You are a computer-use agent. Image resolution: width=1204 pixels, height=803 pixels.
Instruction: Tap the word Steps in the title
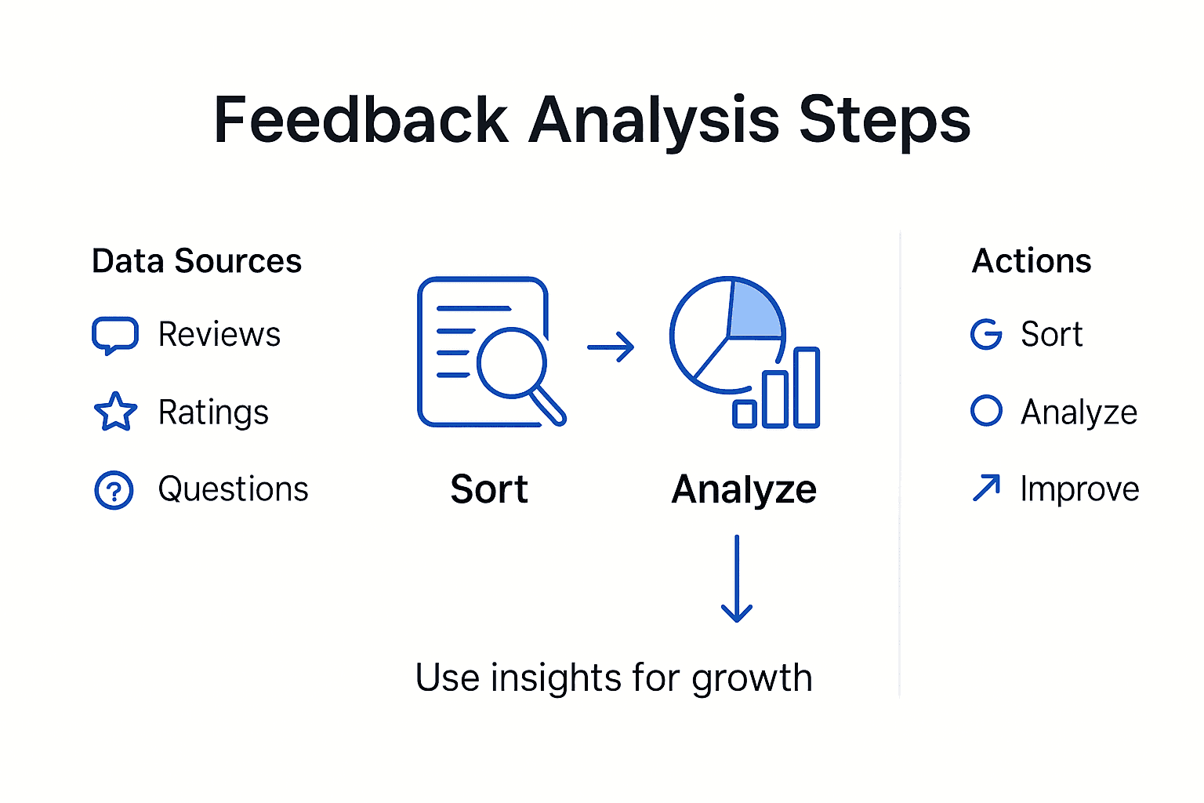[x=884, y=122]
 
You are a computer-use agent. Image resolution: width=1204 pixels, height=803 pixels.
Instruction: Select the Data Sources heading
[x=197, y=261]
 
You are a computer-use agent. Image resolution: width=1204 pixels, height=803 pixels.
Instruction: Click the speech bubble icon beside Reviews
[x=115, y=335]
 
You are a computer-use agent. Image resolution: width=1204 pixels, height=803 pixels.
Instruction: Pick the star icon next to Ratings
[x=115, y=412]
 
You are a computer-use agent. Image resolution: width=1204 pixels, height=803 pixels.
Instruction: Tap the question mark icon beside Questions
[x=114, y=491]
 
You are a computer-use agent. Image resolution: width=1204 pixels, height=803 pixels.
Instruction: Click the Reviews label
[x=219, y=335]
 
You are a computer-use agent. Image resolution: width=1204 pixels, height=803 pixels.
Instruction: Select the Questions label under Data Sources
[x=233, y=489]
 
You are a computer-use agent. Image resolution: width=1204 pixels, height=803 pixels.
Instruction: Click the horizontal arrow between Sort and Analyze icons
[x=611, y=347]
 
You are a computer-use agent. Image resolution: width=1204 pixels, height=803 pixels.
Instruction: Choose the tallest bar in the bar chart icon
[x=807, y=387]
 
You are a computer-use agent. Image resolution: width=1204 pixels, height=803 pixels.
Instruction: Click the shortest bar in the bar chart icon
[x=745, y=413]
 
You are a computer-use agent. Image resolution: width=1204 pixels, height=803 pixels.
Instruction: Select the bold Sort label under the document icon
[x=489, y=489]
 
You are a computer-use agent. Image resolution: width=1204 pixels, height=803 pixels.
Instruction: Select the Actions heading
[x=1032, y=261]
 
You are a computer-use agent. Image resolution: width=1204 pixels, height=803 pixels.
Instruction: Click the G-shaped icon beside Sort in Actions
[x=986, y=335]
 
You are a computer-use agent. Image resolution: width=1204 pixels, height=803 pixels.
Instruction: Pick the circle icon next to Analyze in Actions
[x=986, y=411]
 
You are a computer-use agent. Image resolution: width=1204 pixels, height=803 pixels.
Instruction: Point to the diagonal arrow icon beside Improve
[x=986, y=488]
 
